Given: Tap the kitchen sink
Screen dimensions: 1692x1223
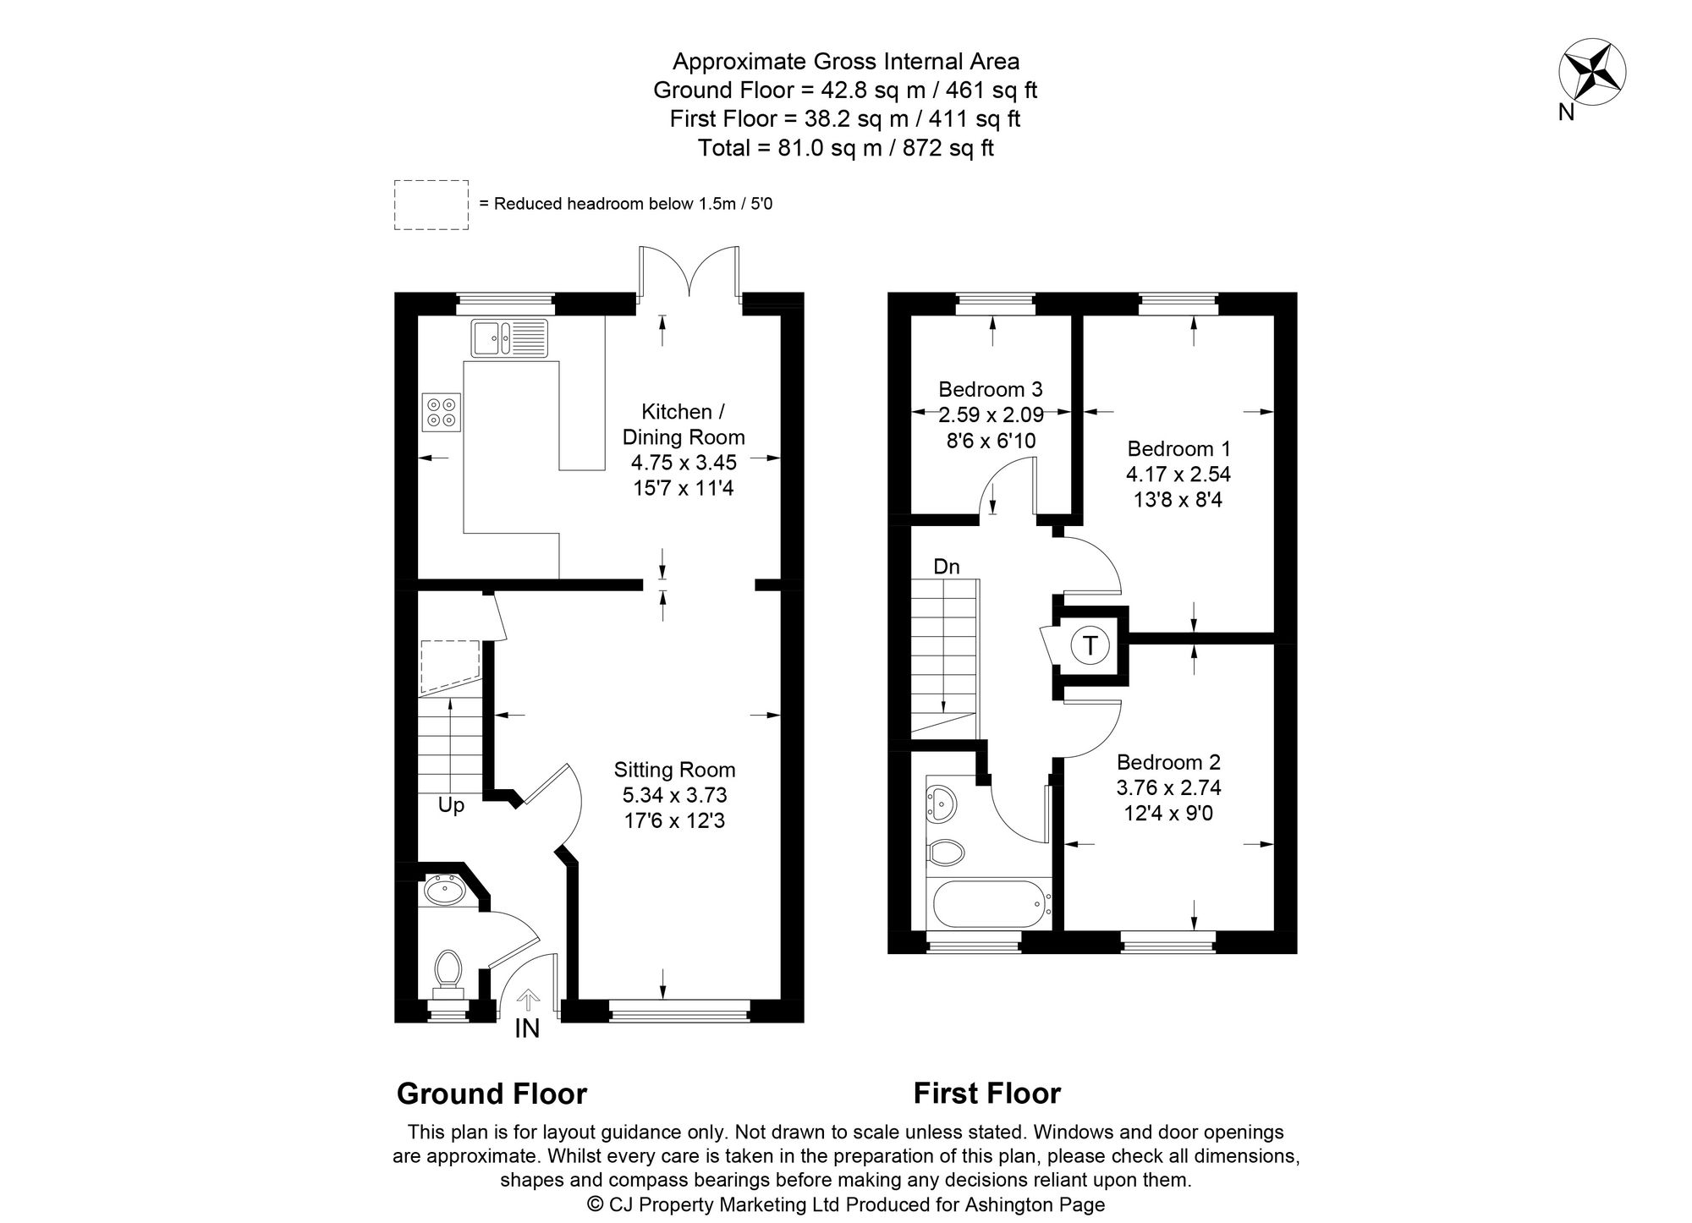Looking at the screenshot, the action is click(x=510, y=337).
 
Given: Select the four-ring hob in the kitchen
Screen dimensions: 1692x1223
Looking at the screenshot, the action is click(x=441, y=413).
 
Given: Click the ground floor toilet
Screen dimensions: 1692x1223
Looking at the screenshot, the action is click(x=448, y=973).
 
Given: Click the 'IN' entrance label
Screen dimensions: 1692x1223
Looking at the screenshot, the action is click(x=527, y=1028).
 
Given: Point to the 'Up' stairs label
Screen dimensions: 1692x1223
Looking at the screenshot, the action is click(x=451, y=805).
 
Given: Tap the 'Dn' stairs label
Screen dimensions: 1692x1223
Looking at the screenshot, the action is click(x=947, y=567).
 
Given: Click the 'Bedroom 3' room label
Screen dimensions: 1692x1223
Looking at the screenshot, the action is click(x=991, y=389).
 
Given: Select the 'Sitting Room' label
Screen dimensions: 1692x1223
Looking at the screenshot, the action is click(x=674, y=770).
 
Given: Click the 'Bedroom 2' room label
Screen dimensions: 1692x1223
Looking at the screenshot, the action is click(x=1168, y=762).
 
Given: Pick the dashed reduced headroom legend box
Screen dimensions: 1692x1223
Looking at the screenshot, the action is click(x=431, y=205).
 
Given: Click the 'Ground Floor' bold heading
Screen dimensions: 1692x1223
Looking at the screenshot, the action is click(x=492, y=1094).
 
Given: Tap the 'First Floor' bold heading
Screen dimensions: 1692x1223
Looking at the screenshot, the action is click(x=986, y=1094).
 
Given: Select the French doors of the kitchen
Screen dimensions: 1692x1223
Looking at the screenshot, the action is click(x=689, y=272).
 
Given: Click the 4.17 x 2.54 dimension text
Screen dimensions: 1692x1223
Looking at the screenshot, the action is click(x=1178, y=474).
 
